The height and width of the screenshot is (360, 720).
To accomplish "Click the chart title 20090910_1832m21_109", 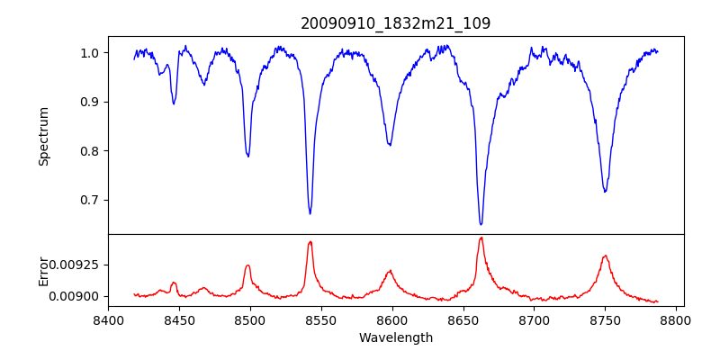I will point(395,23).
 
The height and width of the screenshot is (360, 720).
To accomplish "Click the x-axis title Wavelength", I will point(395,338).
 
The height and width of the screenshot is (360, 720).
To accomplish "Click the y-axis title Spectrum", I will point(44,136).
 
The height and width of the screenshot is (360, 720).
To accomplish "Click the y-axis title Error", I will point(44,270).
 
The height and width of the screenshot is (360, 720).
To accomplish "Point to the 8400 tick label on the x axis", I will point(108,319).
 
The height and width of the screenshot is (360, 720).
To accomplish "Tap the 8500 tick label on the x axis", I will point(250,319).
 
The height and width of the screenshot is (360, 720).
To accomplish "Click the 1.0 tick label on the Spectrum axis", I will point(89,53).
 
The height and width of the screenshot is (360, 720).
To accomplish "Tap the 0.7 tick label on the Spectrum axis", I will point(89,200).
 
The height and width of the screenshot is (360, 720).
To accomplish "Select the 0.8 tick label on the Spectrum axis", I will point(89,151).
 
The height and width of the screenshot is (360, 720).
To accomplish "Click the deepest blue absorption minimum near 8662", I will point(481,224).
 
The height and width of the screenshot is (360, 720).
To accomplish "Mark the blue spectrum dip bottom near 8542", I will point(310,213).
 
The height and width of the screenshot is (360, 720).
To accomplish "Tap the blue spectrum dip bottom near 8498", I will point(247,157).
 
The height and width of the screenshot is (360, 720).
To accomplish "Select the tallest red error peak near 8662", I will point(481,238).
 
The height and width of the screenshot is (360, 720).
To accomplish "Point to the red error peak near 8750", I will point(605,256).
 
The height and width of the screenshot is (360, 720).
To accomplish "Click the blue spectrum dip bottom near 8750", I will point(605,192).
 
